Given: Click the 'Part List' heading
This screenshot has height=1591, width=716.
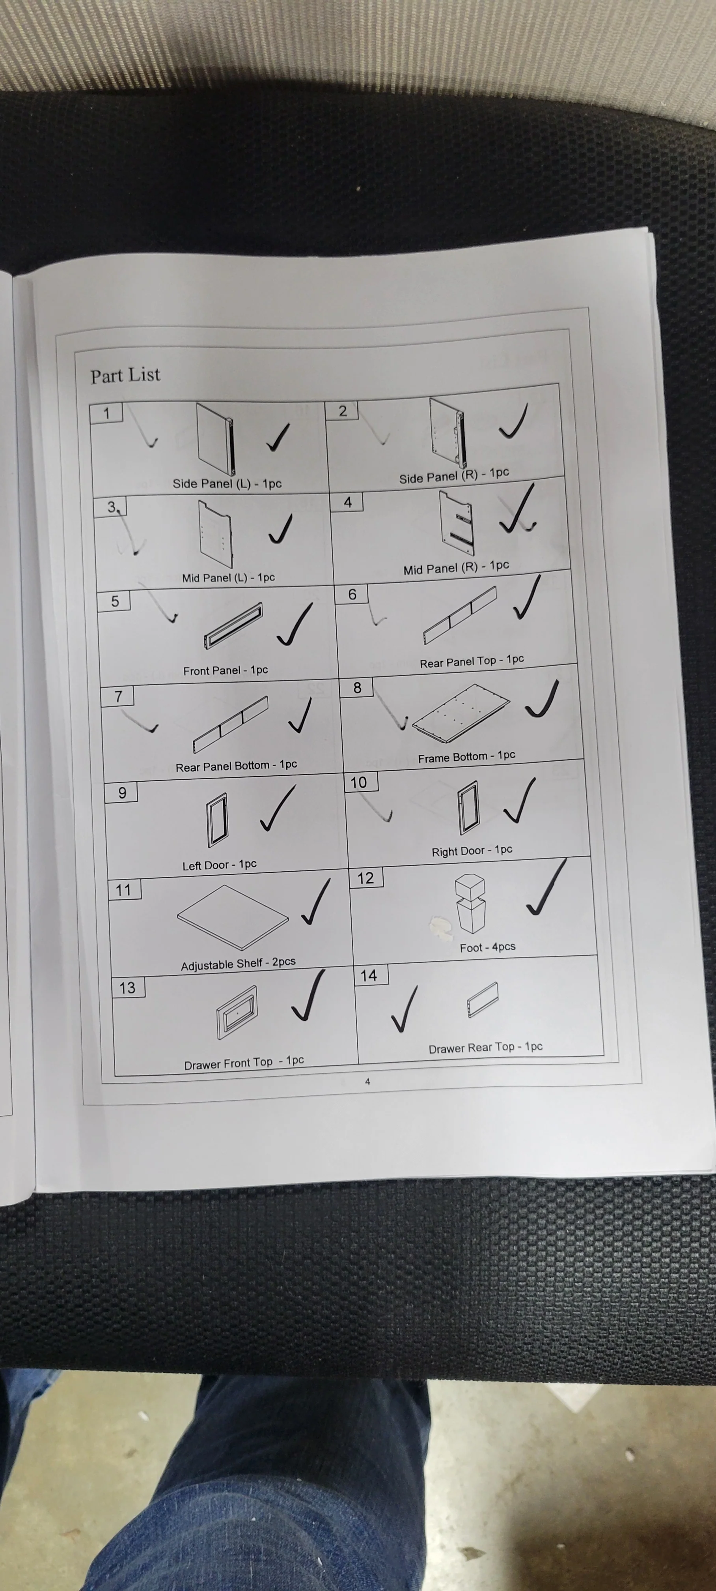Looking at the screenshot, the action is (x=125, y=375).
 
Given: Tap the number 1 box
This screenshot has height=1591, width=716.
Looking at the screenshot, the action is (x=106, y=413).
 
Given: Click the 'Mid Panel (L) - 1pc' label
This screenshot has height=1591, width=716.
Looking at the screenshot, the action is (x=228, y=577).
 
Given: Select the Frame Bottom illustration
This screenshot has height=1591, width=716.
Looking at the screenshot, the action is (x=461, y=713).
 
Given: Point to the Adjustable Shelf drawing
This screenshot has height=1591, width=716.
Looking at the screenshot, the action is (x=233, y=917).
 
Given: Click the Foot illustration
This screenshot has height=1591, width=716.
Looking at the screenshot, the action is (x=470, y=902).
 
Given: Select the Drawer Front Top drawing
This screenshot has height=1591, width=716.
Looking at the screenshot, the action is (x=237, y=1012).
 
